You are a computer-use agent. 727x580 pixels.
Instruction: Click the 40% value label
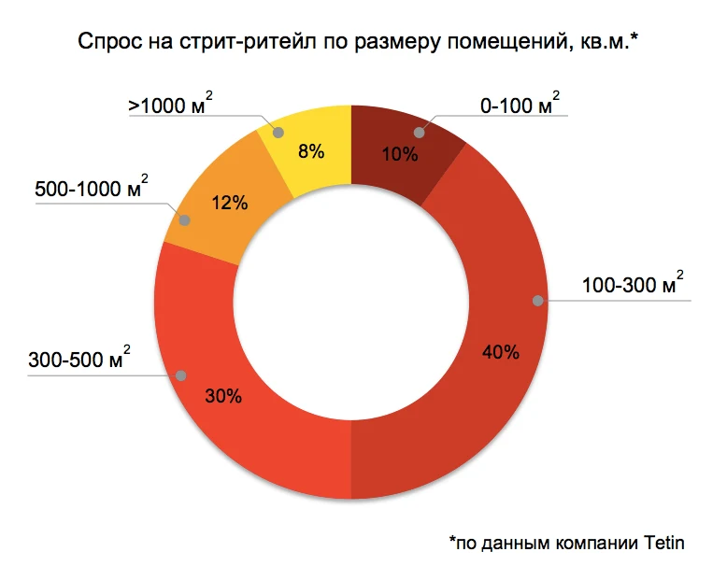point(501,352)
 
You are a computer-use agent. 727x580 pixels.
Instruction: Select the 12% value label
point(230,203)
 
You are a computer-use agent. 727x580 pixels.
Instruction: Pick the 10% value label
point(400,154)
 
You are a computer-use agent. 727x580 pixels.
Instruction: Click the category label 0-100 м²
point(520,106)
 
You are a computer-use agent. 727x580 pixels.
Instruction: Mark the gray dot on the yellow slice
point(276,132)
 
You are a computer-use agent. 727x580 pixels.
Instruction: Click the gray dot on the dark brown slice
point(420,133)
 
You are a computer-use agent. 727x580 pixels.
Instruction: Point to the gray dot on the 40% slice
point(537,301)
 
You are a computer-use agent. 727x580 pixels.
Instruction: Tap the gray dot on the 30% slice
point(180,375)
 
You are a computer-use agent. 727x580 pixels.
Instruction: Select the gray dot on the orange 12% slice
point(184,221)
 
